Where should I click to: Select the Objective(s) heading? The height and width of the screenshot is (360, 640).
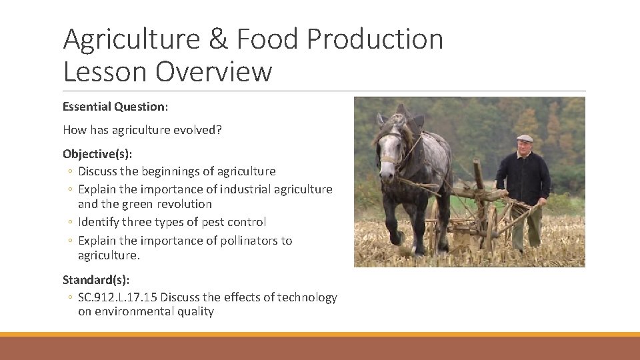[97, 154]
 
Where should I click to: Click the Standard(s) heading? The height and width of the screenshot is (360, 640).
[96, 279]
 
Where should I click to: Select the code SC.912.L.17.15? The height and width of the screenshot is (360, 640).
[117, 297]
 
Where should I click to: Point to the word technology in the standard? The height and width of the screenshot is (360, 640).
[307, 297]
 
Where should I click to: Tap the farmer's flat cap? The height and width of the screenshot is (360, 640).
[525, 139]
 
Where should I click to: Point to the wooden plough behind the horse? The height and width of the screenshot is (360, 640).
[480, 213]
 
